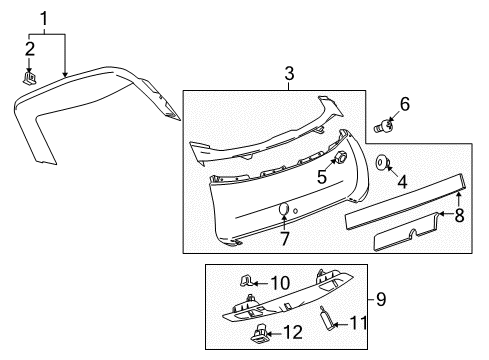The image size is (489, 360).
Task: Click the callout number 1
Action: pyautogui.click(x=43, y=17)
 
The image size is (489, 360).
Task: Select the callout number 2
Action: pyautogui.click(x=31, y=48)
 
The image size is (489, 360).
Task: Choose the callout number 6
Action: pyautogui.click(x=404, y=103)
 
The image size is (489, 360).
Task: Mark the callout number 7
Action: pyautogui.click(x=284, y=240)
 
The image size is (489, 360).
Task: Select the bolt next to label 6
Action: pyautogui.click(x=382, y=127)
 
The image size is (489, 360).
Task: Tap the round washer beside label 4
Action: pyautogui.click(x=383, y=161)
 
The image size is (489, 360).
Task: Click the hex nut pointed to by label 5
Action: pyautogui.click(x=338, y=157)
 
